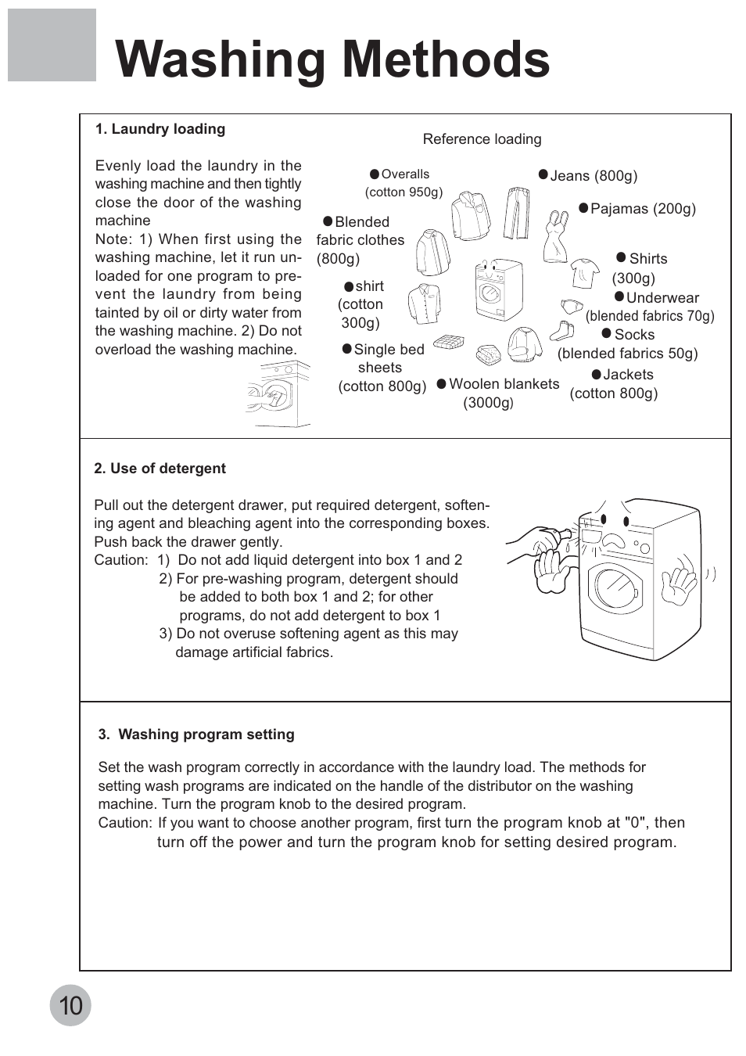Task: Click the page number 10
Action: pyautogui.click(x=70, y=1005)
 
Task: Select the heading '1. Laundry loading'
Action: pyautogui.click(x=160, y=129)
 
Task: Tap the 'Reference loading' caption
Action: pyautogui.click(x=482, y=139)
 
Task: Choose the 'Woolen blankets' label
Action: pyautogui.click(x=504, y=384)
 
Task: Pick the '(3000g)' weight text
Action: pyautogui.click(x=488, y=403)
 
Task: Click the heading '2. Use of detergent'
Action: pyautogui.click(x=160, y=469)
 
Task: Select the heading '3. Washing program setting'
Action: pyautogui.click(x=196, y=735)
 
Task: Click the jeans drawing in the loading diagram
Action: pyautogui.click(x=516, y=213)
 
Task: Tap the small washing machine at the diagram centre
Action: pyautogui.click(x=497, y=289)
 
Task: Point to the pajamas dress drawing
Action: pyautogui.click(x=556, y=235)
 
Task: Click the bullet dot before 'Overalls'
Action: pyautogui.click(x=375, y=174)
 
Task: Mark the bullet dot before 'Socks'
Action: pyautogui.click(x=606, y=334)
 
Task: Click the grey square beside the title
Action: pyautogui.click(x=52, y=45)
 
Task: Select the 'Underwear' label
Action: pyautogui.click(x=662, y=298)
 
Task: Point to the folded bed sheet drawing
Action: pyautogui.click(x=449, y=342)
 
